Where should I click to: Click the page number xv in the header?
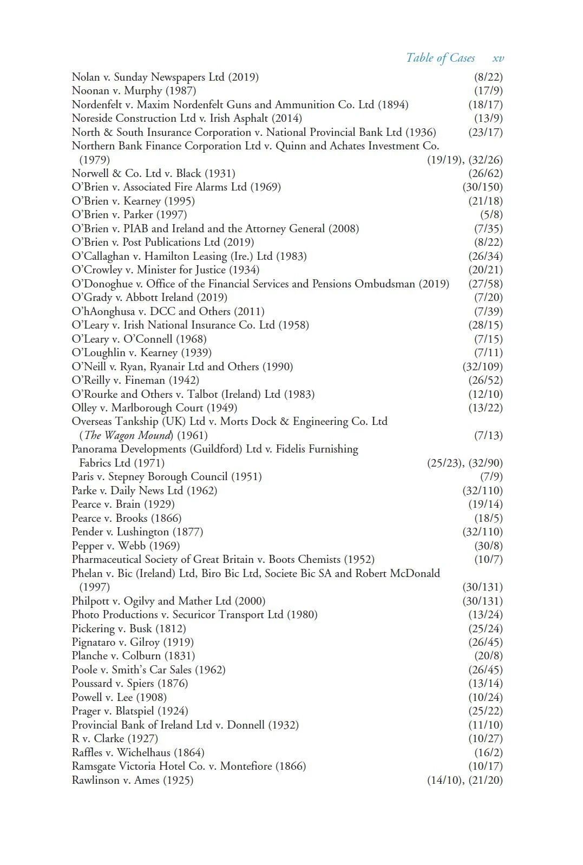pyautogui.click(x=498, y=58)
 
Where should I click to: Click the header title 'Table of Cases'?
pyautogui.click(x=440, y=58)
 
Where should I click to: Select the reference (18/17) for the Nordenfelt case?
pyautogui.click(x=486, y=104)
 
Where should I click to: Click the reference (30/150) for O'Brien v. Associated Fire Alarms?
pyautogui.click(x=482, y=187)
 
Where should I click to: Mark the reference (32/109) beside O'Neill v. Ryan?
pyautogui.click(x=482, y=366)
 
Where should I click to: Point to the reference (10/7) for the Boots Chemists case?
pyautogui.click(x=488, y=559)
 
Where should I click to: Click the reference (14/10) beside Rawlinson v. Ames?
pyautogui.click(x=444, y=780)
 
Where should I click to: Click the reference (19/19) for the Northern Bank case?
pyautogui.click(x=444, y=160)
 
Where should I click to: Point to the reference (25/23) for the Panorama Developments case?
pyautogui.click(x=444, y=463)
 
